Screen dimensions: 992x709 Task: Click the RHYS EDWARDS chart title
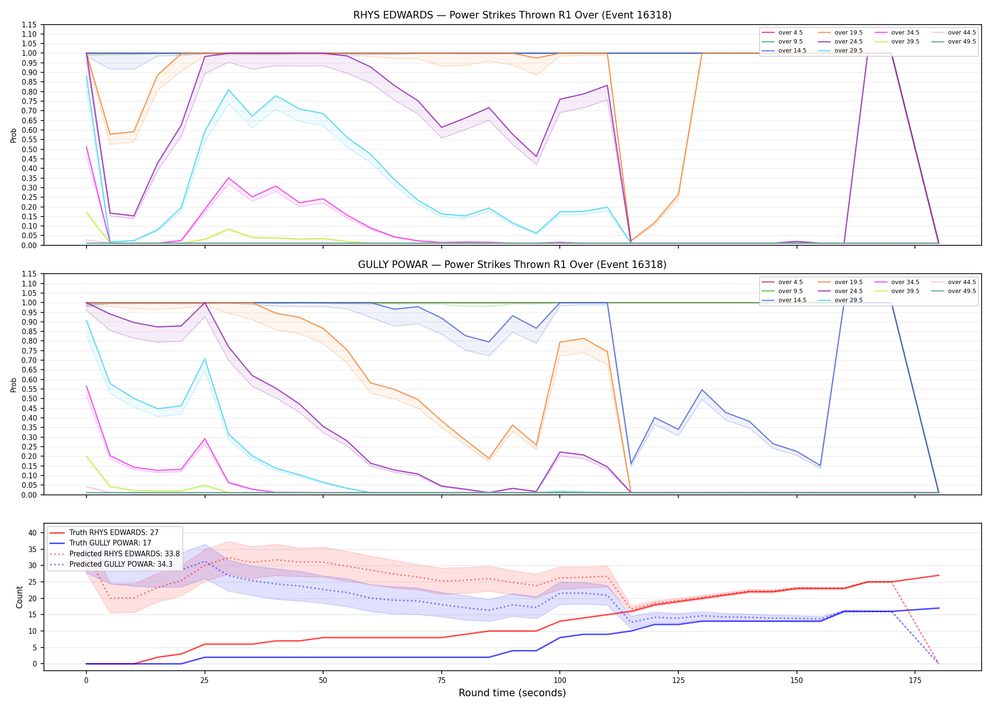(512, 15)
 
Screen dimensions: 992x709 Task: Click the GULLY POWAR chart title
(512, 265)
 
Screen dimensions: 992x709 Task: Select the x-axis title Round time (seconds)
(512, 693)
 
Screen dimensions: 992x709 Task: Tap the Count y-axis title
(19, 597)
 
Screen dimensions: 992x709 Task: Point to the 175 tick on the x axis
(915, 681)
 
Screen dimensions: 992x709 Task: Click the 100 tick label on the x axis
(560, 681)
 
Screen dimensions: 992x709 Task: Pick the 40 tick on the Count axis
(33, 533)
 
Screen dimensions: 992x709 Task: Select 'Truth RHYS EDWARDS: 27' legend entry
(114, 533)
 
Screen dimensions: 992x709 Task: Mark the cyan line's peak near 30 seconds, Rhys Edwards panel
(229, 90)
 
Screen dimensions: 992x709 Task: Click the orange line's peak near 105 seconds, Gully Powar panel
(583, 338)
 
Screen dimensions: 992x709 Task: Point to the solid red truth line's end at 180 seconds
(939, 575)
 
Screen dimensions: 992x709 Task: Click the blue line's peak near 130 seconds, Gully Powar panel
(702, 390)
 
